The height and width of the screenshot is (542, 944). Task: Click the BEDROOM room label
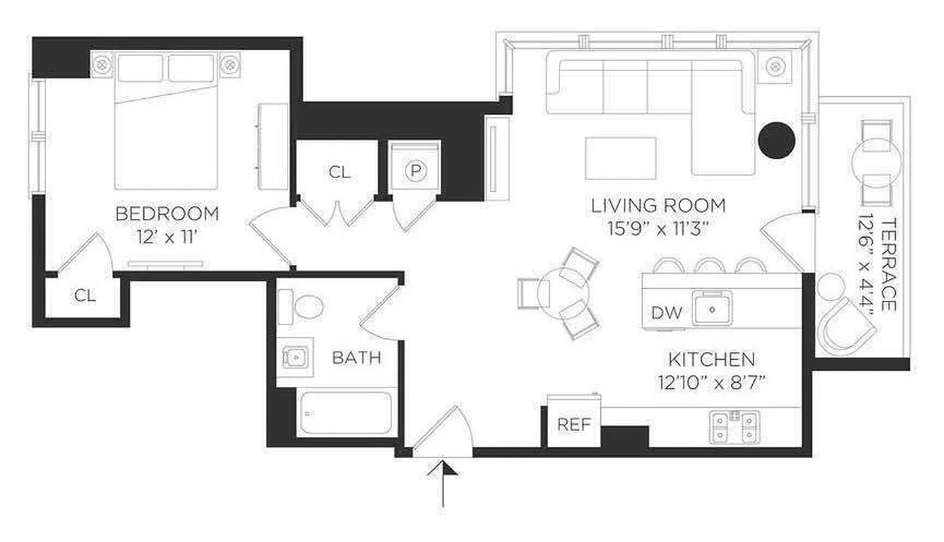pyautogui.click(x=167, y=214)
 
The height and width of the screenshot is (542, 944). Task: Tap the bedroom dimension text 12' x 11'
pyautogui.click(x=167, y=237)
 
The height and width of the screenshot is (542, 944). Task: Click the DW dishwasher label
pyautogui.click(x=665, y=312)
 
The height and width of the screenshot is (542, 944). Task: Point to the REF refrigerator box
pyautogui.click(x=574, y=425)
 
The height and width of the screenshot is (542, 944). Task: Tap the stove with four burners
pyautogui.click(x=734, y=428)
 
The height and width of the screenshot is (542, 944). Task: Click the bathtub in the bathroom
pyautogui.click(x=345, y=413)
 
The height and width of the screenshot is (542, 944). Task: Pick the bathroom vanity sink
pyautogui.click(x=295, y=356)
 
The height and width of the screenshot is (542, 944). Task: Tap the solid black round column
pyautogui.click(x=776, y=140)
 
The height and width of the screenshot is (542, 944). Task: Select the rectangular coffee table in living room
pyautogui.click(x=621, y=158)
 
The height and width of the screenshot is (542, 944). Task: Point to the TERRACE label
pyautogui.click(x=888, y=265)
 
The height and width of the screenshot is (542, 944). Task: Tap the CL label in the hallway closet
pyautogui.click(x=340, y=172)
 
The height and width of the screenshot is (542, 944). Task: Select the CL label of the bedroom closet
pyautogui.click(x=85, y=295)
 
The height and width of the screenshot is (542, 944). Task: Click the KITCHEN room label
pyautogui.click(x=711, y=358)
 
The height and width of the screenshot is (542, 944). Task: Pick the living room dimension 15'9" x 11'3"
pyautogui.click(x=658, y=228)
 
